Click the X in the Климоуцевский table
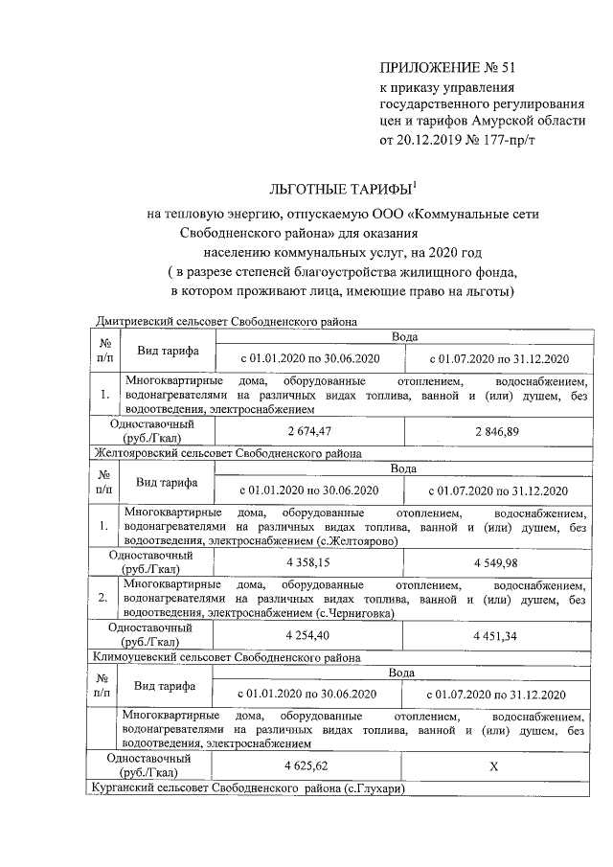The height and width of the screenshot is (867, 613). [x=494, y=766]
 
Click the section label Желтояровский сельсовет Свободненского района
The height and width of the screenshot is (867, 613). [x=226, y=453]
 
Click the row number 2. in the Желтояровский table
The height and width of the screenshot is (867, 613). [x=103, y=598]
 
